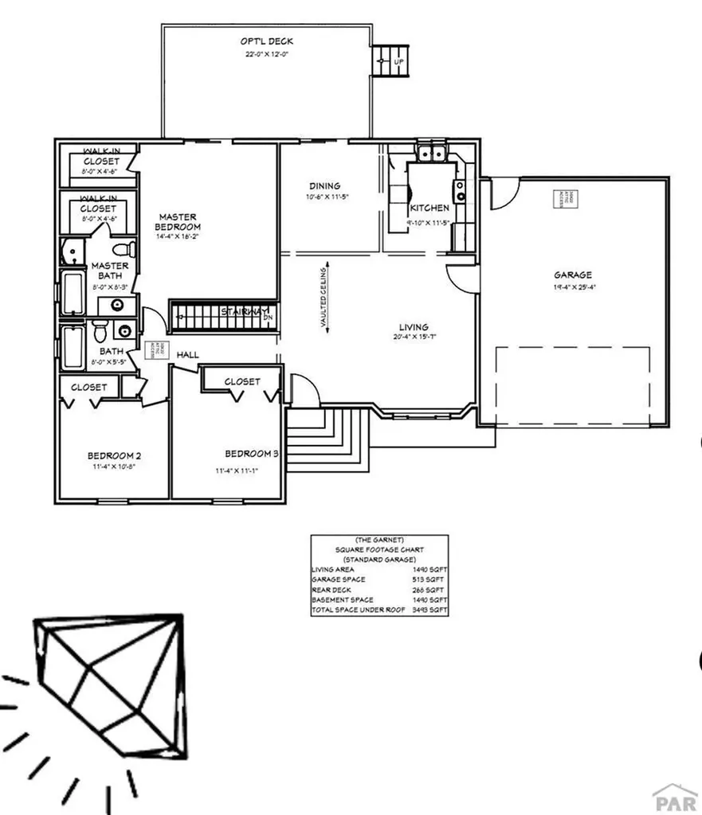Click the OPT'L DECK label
(x=266, y=41)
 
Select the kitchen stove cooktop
(x=460, y=190)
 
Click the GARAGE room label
(x=573, y=275)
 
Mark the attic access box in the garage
(x=565, y=199)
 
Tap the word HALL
(x=188, y=354)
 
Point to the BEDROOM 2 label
(x=114, y=455)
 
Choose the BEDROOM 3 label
(x=251, y=454)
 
